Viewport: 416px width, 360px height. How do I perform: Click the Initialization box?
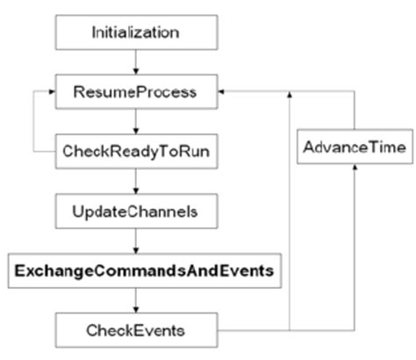135,32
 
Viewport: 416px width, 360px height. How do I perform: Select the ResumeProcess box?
135,91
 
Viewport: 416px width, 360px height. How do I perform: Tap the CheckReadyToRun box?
135,150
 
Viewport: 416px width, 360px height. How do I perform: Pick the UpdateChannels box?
135,212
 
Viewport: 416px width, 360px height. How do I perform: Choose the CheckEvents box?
135,329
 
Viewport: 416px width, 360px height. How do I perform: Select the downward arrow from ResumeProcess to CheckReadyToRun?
135,120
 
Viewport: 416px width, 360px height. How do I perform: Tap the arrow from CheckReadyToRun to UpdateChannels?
135,181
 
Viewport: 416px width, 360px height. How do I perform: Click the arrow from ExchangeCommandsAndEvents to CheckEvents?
135,300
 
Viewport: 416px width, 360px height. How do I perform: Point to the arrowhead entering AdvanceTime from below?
354,170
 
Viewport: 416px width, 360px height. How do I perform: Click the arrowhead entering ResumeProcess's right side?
221,91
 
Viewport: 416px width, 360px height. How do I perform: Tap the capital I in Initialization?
95,32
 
